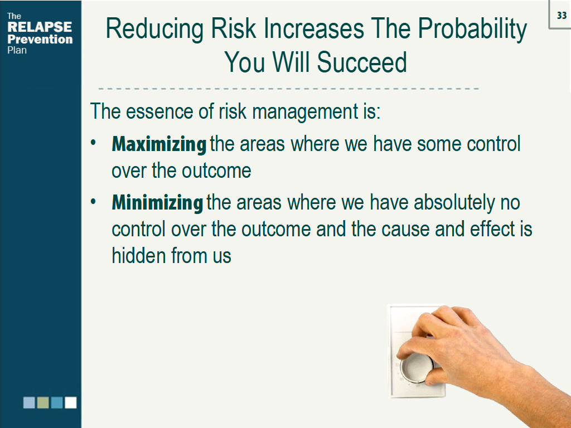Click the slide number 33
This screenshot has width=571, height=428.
(x=562, y=16)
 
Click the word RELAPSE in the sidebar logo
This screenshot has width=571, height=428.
(x=39, y=27)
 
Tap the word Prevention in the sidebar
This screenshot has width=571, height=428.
(x=40, y=40)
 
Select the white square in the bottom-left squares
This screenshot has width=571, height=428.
(x=70, y=402)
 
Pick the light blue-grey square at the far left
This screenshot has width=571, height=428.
(x=29, y=402)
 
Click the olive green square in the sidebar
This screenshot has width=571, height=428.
(x=43, y=402)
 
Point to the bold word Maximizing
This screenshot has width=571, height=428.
(x=159, y=145)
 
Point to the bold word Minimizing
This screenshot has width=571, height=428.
(x=157, y=203)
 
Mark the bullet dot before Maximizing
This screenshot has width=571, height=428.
(x=95, y=144)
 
